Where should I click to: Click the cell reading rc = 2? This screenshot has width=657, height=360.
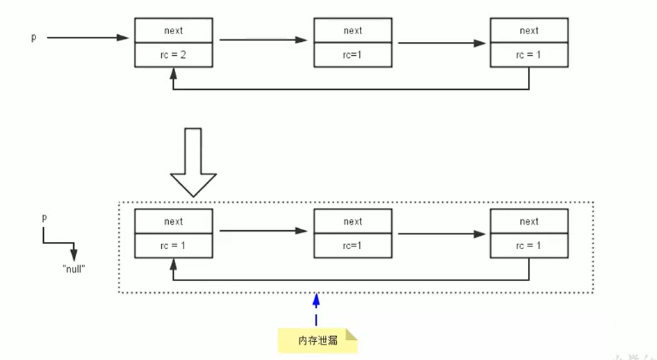pos(173,55)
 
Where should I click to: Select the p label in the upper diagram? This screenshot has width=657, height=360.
pos(33,37)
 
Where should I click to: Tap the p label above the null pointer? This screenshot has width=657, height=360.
pos(45,218)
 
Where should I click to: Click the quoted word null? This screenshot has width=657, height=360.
pos(73,268)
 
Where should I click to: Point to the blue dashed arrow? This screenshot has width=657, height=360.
pos(317,310)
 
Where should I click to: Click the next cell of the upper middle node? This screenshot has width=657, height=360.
pos(353,31)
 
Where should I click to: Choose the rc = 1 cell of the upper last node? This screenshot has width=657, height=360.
pos(529,55)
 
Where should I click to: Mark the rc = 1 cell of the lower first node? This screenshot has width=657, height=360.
pos(173,246)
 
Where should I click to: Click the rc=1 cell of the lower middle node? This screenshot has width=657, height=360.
pos(353,246)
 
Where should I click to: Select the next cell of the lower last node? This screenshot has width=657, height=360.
pos(529,222)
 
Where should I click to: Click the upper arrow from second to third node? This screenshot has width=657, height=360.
pos(441,43)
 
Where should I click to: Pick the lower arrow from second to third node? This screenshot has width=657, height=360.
pos(441,234)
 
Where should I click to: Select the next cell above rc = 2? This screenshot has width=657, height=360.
pos(173,31)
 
